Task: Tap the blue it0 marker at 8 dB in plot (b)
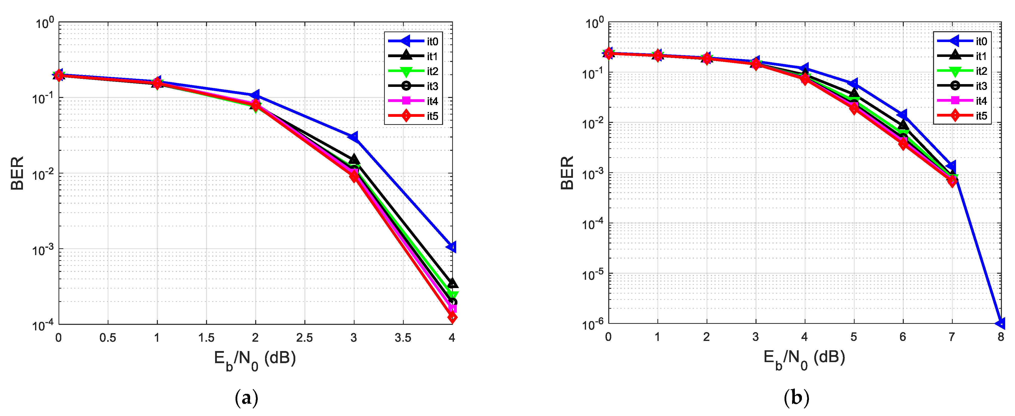tap(1000, 323)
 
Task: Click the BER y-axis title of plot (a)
tap(17, 173)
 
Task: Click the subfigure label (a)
tap(246, 398)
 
